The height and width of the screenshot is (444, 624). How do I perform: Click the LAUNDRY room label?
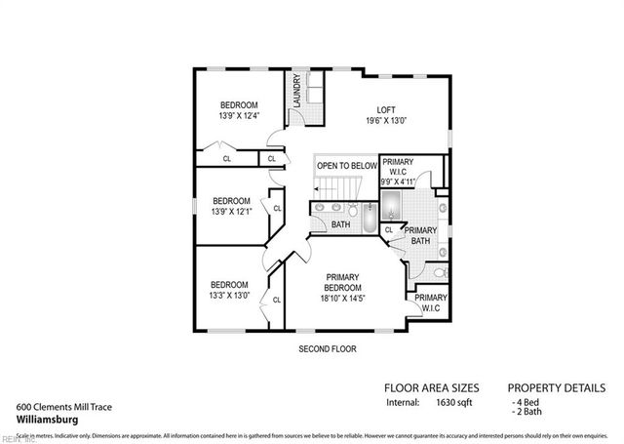(294, 92)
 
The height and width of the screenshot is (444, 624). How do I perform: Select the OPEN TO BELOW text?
(346, 166)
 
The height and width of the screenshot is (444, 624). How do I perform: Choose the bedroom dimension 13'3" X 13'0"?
(229, 295)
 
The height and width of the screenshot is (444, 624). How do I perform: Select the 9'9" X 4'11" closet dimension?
(398, 181)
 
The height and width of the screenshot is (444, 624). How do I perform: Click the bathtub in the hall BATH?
(369, 219)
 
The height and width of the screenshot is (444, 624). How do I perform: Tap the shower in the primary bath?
(391, 205)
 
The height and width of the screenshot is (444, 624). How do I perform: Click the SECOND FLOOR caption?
(327, 348)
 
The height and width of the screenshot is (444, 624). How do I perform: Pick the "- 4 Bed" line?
(528, 401)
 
